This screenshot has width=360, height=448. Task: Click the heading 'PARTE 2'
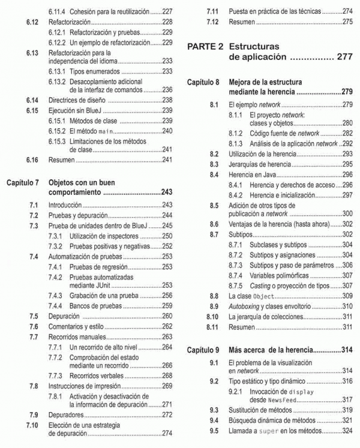(x=206, y=46)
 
